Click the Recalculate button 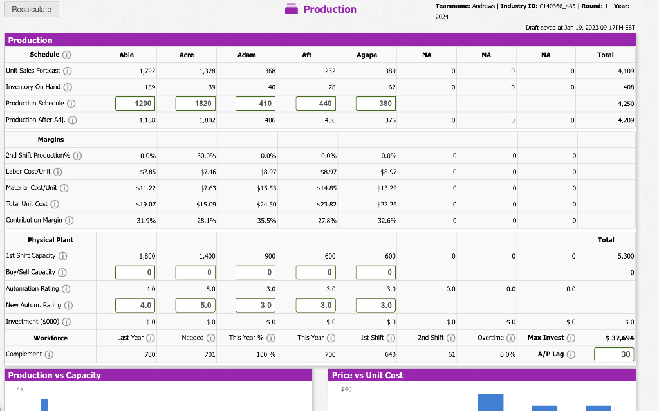(32, 9)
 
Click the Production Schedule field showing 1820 (194, 103)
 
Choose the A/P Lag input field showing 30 (613, 354)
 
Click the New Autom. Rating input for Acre (194, 305)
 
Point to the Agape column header (367, 55)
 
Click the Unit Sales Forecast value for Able (146, 71)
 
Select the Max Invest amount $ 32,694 (620, 338)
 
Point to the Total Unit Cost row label (27, 204)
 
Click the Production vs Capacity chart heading (54, 375)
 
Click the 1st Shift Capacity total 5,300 (624, 256)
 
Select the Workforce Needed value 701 (209, 354)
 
